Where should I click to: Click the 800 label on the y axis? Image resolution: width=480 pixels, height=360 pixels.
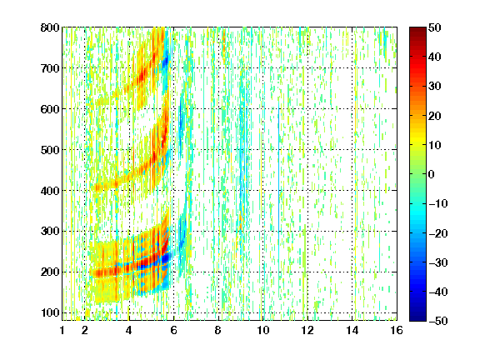[50, 27]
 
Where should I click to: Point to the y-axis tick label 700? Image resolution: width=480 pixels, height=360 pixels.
[50, 68]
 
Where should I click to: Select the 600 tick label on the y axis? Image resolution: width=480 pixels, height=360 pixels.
[50, 109]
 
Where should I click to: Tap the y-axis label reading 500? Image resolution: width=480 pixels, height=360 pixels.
[50, 150]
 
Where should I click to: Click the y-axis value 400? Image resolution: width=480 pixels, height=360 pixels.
[50, 191]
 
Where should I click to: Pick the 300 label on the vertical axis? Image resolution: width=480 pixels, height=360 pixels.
[50, 232]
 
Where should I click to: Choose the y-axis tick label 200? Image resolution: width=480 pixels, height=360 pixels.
[50, 272]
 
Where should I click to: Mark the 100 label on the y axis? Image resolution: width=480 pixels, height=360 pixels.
[50, 312]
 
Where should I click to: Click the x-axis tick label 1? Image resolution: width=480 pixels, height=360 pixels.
[62, 330]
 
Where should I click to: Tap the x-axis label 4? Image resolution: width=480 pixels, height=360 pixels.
[129, 330]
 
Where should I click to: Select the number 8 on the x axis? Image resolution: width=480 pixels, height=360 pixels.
[218, 330]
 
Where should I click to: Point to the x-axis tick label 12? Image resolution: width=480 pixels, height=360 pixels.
[307, 330]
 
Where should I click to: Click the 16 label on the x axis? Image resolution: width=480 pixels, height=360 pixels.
[397, 330]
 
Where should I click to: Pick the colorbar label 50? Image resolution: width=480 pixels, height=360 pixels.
[435, 27]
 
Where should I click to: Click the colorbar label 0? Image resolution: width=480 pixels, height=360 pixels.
[432, 174]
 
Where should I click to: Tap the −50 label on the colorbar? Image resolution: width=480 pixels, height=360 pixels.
[438, 321]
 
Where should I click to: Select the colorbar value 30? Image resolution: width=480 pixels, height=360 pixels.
[435, 87]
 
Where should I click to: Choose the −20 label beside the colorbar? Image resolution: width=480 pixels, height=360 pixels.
[438, 233]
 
